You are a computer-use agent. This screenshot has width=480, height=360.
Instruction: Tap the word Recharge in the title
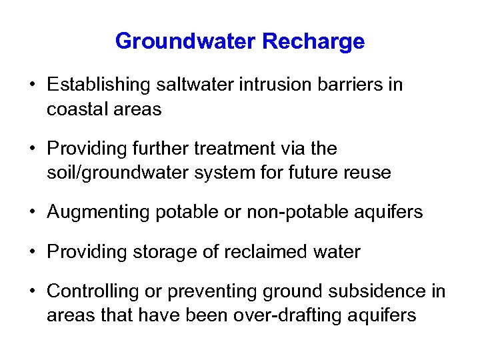[x=313, y=42]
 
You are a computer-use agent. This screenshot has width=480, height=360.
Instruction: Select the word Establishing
[x=101, y=85]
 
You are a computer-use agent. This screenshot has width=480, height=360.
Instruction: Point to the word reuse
[x=368, y=173]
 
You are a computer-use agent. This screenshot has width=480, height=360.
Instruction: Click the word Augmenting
[x=99, y=212]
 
